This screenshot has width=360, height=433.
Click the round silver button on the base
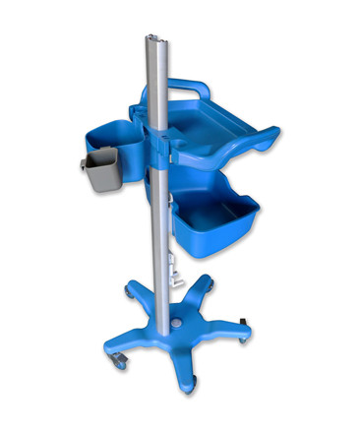click(177, 323)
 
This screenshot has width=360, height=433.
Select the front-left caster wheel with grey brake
click(117, 361)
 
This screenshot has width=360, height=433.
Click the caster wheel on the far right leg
click(242, 337)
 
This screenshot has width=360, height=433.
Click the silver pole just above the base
click(157, 295)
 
